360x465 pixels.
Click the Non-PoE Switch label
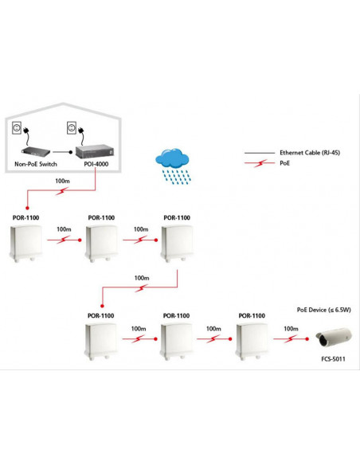[x=36, y=164]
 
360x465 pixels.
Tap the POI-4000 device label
[x=96, y=164]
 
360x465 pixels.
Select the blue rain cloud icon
[x=173, y=166]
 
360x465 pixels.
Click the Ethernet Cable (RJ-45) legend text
[x=310, y=153]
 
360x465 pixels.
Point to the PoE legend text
[x=284, y=163]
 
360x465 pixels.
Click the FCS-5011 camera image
[x=334, y=338]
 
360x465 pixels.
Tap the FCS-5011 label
[x=333, y=359]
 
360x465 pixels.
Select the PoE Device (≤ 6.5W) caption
[x=324, y=310]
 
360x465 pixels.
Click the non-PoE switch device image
[x=36, y=151]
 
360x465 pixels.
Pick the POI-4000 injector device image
[x=95, y=151]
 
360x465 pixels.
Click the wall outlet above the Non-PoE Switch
[x=17, y=127]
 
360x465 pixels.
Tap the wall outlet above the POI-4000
[x=72, y=127]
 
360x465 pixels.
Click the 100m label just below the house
[x=63, y=181]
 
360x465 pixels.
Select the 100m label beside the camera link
[x=291, y=329]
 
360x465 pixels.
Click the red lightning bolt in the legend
[x=260, y=163]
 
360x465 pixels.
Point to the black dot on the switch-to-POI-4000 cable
[x=71, y=152]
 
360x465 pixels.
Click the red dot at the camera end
[x=307, y=338]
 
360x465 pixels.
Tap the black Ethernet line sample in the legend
[x=260, y=153]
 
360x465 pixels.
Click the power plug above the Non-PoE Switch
[x=27, y=130]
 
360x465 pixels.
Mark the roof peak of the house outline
[x=63, y=104]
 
